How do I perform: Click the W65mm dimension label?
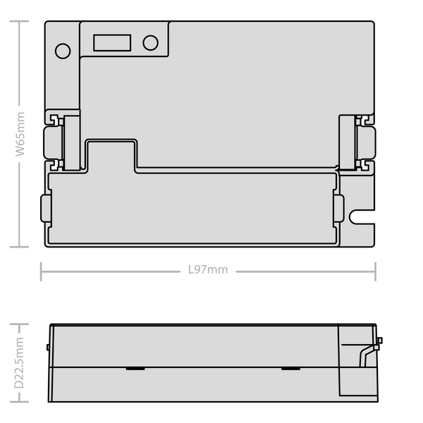(x=20, y=134)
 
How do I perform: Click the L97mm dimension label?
(x=208, y=269)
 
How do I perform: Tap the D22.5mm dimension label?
(x=19, y=362)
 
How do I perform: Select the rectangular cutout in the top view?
(x=112, y=42)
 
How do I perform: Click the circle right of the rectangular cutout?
(x=151, y=42)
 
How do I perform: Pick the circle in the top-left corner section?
(x=63, y=51)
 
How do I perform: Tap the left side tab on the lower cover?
(x=46, y=208)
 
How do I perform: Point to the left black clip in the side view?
(x=135, y=369)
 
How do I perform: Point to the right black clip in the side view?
(x=290, y=369)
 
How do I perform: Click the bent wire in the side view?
(x=367, y=355)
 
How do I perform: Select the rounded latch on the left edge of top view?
(x=53, y=142)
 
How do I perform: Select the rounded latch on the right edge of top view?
(x=366, y=142)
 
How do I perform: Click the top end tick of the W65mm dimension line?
(x=19, y=21)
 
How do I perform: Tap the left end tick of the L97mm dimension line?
(x=41, y=271)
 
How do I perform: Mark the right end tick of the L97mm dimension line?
(x=375, y=271)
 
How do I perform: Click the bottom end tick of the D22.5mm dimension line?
(x=19, y=402)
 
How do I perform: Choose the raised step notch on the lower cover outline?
(x=111, y=155)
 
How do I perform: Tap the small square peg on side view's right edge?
(x=379, y=341)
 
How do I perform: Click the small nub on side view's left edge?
(x=48, y=347)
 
